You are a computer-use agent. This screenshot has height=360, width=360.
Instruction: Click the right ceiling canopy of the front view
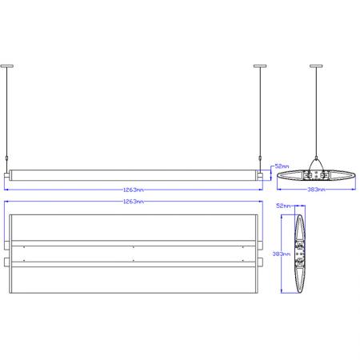[259, 66]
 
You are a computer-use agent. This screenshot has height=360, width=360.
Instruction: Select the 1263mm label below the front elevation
[134, 190]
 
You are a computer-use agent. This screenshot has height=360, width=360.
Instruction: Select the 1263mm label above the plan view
[134, 202]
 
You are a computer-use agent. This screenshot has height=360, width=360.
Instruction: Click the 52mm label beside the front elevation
[282, 165]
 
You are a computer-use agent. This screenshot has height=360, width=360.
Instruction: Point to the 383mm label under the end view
[317, 190]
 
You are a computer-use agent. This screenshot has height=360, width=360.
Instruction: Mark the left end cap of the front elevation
[7, 174]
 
